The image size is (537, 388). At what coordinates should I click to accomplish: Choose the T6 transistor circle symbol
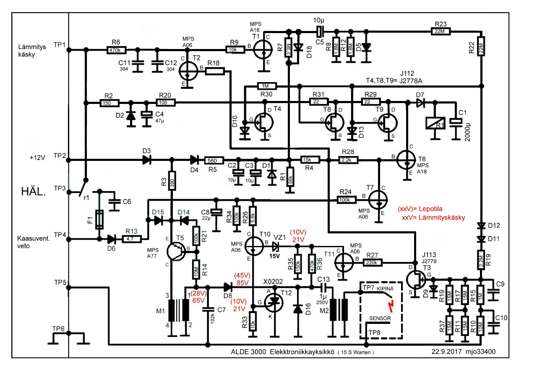pyautogui.click(x=406, y=160)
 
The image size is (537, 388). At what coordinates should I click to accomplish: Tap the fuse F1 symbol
pyautogui.click(x=99, y=219)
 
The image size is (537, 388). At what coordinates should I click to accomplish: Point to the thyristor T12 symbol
pyautogui.click(x=275, y=301)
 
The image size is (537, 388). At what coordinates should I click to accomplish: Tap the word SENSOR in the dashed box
pyautogui.click(x=380, y=318)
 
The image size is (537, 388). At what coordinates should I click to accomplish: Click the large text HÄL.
pyautogui.click(x=34, y=192)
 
